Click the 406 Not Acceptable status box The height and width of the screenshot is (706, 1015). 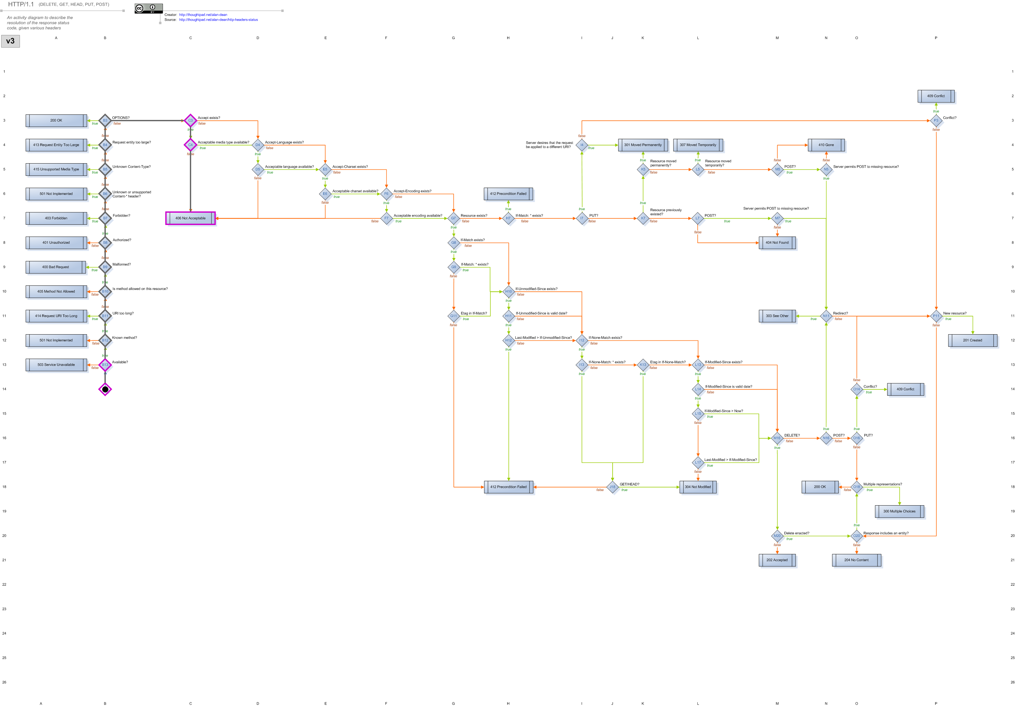[190, 218]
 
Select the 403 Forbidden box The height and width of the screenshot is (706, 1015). [56, 218]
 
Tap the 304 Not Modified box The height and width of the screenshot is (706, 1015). [698, 487]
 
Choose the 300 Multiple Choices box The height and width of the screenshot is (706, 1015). [899, 511]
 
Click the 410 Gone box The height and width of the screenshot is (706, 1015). [826, 145]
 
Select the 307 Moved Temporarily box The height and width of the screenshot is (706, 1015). [698, 145]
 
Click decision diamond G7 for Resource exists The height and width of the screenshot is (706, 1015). [453, 218]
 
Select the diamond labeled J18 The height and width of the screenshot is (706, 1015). [612, 487]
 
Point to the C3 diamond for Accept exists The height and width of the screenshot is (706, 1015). [190, 120]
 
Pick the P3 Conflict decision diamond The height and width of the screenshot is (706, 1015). [936, 120]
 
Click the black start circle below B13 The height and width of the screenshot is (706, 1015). [105, 389]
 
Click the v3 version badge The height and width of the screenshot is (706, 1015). [10, 41]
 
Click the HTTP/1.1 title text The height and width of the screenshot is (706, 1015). [21, 5]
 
